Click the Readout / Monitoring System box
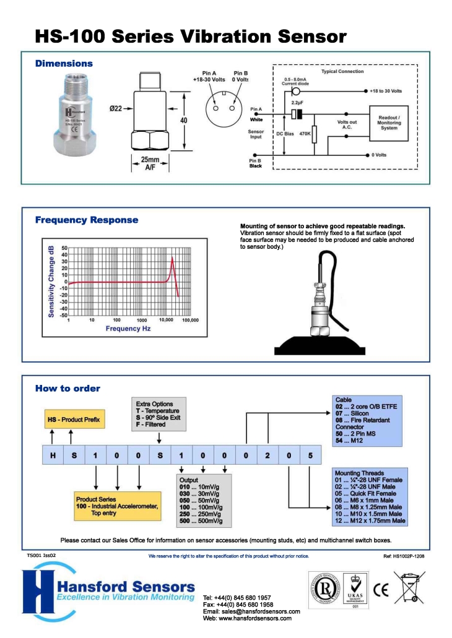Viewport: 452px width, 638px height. (x=389, y=122)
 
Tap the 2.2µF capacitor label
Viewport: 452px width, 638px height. (x=297, y=102)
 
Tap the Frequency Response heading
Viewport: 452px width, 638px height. (x=87, y=220)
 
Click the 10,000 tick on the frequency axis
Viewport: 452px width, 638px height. (x=166, y=321)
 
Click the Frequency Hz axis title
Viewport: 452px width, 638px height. (x=128, y=329)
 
